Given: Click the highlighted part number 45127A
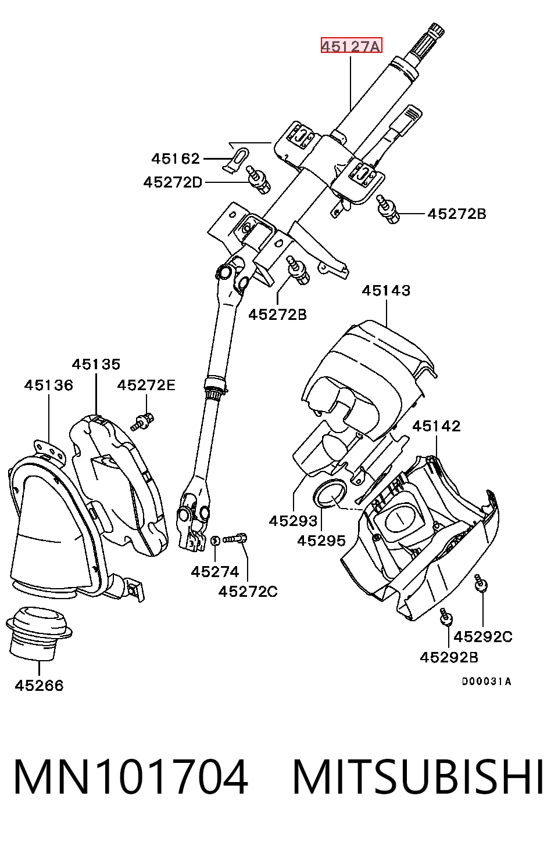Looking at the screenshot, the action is click(351, 45).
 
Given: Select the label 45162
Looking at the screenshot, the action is click(176, 158).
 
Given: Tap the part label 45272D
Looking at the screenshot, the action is click(173, 182).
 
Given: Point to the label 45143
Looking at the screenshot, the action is click(386, 290).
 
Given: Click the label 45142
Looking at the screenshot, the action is click(437, 426).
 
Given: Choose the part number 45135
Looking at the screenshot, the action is click(96, 364).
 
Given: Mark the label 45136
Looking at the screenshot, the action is click(49, 385).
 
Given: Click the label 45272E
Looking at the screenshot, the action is click(146, 385).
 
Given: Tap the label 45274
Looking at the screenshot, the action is click(215, 572).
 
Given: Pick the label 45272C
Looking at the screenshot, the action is click(248, 592).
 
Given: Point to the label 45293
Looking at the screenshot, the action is click(293, 521).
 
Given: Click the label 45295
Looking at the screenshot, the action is click(321, 541).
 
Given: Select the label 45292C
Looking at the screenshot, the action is click(483, 636).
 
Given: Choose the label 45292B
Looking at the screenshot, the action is click(449, 657).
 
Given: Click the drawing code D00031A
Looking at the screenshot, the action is click(487, 681).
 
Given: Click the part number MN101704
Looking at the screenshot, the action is click(131, 776).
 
